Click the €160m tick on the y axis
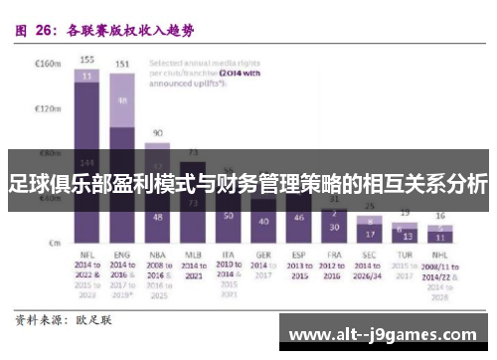click(48, 63)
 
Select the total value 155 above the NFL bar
click(87, 59)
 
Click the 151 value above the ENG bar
click(122, 64)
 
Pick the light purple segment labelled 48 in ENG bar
click(122, 100)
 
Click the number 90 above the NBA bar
click(157, 131)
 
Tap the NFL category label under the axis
click(87, 255)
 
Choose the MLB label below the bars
click(194, 255)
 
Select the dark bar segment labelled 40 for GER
click(263, 220)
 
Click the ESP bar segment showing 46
click(299, 217)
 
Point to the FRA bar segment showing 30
click(335, 226)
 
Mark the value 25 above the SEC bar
click(370, 207)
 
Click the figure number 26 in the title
click(44, 30)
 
